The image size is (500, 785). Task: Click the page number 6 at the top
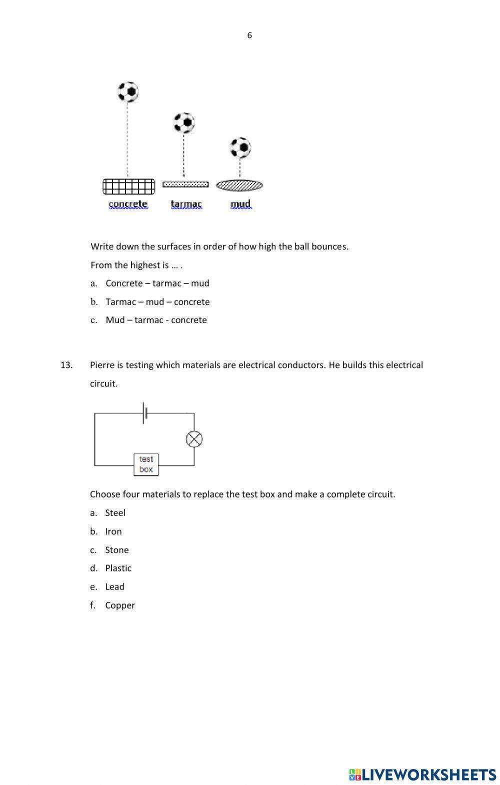(249, 35)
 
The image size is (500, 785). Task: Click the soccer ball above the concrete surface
(128, 92)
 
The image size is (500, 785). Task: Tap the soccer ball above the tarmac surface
(184, 122)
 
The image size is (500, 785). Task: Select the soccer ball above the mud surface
(240, 148)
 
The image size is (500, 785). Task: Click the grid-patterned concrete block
(129, 186)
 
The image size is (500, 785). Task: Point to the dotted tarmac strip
(185, 184)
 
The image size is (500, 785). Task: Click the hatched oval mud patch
(239, 185)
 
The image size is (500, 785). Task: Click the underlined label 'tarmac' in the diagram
(186, 204)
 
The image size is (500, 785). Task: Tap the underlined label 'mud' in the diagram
(240, 204)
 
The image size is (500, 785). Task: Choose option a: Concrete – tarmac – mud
(157, 283)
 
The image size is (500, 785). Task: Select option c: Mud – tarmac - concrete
(155, 320)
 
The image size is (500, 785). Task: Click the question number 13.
(66, 365)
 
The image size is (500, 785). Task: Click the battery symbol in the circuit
(145, 413)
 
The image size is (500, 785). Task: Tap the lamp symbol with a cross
(194, 439)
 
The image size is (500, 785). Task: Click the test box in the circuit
(146, 464)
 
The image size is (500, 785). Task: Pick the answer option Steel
(115, 513)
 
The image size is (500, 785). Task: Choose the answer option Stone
(116, 550)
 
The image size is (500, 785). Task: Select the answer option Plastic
(118, 568)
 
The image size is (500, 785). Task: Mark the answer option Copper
(119, 605)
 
